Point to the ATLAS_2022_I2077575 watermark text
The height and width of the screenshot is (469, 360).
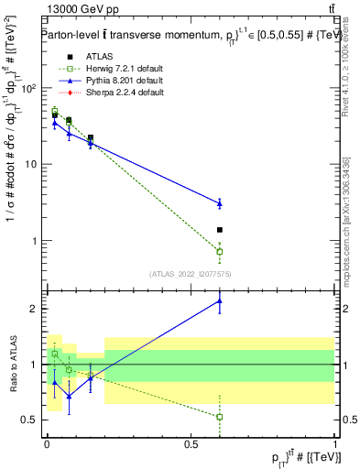point(189,273)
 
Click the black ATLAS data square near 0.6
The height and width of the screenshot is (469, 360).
point(220,230)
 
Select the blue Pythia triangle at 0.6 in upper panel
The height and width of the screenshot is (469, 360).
point(220,203)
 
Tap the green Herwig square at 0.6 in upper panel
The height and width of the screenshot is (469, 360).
point(220,251)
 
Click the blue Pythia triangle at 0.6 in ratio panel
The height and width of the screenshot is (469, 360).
point(220,300)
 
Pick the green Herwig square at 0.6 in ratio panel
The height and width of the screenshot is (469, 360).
point(220,417)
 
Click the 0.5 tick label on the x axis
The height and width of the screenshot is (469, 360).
point(191,442)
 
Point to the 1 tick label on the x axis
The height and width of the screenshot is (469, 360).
point(335,442)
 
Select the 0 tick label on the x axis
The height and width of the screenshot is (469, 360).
point(47,442)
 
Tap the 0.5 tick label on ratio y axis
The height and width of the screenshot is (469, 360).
point(30,420)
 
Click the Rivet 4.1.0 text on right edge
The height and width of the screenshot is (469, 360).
point(348,73)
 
